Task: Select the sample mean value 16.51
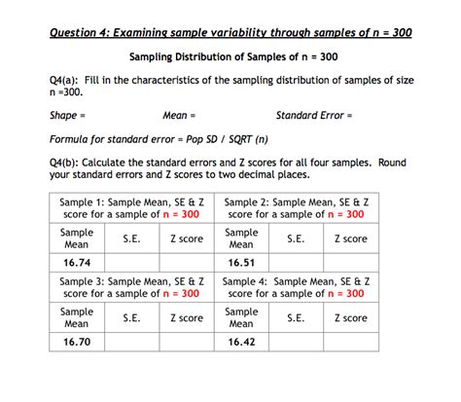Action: point(241,263)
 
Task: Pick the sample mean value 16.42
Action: point(241,343)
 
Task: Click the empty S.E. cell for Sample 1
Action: point(131,263)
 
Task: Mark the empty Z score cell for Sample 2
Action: point(350,263)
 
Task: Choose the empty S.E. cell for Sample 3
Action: point(131,343)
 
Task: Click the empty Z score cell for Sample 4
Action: point(350,343)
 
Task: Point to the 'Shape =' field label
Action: point(66,115)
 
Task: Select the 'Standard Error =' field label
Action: point(313,115)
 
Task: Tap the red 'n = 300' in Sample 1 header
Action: point(179,214)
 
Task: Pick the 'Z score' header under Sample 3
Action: point(186,318)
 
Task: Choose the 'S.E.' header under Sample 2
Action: point(297,238)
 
